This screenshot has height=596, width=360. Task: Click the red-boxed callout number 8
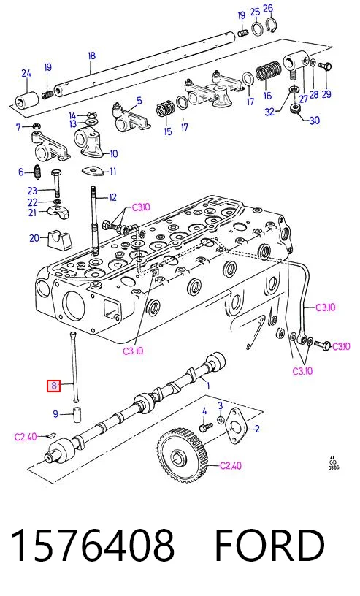53,386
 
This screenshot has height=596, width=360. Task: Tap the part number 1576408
93,545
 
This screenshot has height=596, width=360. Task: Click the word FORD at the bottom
269,545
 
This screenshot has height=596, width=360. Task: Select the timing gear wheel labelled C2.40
183,455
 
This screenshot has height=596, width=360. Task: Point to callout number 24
26,73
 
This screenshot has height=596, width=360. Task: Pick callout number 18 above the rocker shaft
91,56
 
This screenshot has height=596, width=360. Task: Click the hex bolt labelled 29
325,66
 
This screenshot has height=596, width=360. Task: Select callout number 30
315,120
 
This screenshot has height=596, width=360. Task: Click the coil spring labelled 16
269,72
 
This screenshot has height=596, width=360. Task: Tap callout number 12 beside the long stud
112,197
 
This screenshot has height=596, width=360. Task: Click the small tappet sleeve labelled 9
77,414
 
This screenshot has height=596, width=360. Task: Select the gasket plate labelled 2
236,426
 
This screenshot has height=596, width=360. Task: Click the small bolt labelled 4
206,427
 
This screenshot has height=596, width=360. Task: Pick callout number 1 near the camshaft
208,386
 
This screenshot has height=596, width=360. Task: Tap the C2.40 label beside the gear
231,465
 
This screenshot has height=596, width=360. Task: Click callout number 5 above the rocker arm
139,100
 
